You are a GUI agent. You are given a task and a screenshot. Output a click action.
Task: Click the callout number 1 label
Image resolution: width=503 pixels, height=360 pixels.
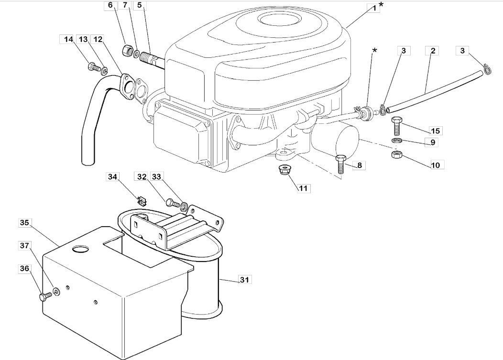coord(374,8)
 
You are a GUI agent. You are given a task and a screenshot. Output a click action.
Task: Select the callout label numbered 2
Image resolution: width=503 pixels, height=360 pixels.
coord(432,51)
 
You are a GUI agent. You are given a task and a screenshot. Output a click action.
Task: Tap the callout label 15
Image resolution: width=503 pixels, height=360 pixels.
coord(435,131)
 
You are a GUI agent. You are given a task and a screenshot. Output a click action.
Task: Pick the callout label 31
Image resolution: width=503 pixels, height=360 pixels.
coord(244,280)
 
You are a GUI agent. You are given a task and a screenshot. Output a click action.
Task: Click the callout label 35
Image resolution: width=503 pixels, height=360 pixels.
coord(24,223)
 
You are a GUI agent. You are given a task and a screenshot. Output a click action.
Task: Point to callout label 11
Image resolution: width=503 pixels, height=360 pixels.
coord(303,188)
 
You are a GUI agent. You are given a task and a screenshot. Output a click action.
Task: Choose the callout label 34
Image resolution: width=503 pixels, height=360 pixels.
coord(112,177)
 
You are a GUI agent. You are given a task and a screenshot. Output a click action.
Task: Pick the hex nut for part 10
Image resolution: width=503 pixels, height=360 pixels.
coord(396,154)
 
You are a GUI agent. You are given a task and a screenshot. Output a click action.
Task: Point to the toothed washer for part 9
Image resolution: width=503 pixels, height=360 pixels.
coord(396,141)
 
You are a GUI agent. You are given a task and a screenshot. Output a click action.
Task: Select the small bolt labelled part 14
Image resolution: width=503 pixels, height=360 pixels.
coord(94,67)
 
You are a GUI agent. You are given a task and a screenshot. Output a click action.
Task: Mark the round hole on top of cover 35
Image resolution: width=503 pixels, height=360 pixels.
coord(81,249)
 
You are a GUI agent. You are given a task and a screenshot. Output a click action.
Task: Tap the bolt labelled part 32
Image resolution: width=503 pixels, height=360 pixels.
coord(173,203)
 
